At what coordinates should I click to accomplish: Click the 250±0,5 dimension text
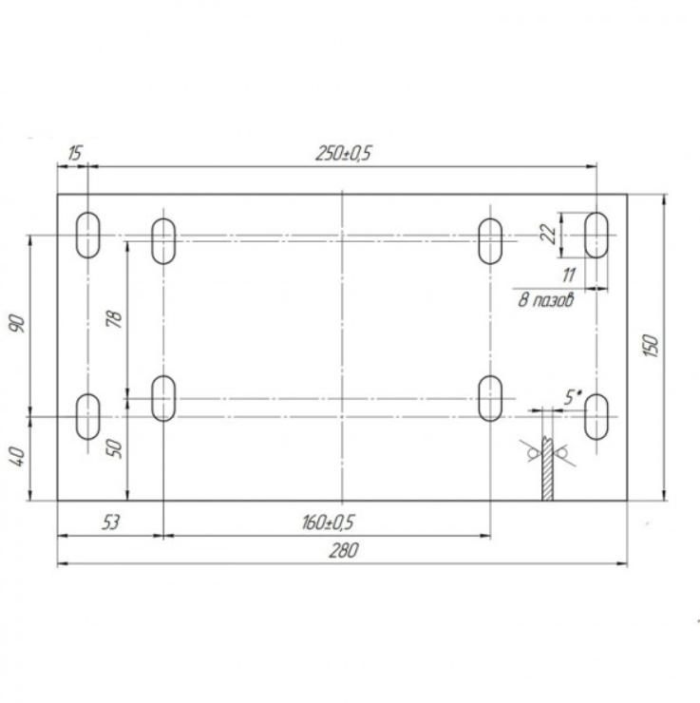[x=344, y=153]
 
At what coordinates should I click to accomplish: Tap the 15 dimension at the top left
[x=75, y=153]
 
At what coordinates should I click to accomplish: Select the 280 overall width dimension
[x=344, y=550]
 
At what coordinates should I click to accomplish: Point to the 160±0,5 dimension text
[x=328, y=522]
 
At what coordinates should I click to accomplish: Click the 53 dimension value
[x=111, y=522]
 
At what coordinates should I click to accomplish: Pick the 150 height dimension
[x=651, y=346]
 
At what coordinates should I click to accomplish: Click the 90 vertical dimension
[x=18, y=324]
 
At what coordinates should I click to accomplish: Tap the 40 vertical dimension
[x=18, y=456]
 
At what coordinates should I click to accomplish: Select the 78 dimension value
[x=115, y=319]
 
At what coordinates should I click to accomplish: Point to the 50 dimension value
[x=115, y=448]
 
